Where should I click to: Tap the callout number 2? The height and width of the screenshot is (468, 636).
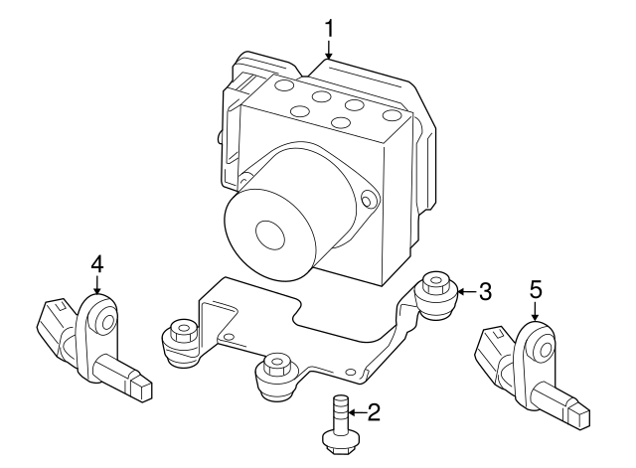click(374, 411)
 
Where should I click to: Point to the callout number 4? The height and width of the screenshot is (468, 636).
click(96, 263)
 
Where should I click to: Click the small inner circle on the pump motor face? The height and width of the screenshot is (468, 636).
click(270, 234)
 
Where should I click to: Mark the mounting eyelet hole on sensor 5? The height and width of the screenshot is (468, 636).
click(542, 348)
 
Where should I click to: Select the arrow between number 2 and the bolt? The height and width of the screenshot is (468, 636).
click(358, 411)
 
